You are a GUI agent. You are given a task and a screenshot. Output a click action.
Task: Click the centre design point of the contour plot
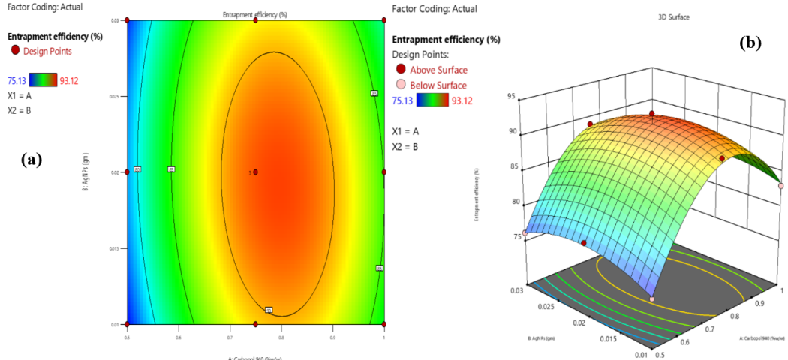[x=255, y=172]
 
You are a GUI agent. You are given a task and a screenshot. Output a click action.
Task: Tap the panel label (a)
[x=31, y=159]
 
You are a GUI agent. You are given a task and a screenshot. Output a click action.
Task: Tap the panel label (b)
[x=750, y=43]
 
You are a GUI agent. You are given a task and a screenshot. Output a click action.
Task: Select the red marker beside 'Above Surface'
[x=405, y=70]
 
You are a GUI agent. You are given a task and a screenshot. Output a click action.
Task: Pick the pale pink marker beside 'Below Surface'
[x=405, y=85]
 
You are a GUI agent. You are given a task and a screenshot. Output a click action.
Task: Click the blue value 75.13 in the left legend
[x=17, y=80]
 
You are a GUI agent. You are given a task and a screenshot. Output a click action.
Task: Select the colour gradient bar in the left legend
[x=42, y=80]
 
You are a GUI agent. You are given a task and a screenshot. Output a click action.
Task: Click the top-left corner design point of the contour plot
[x=127, y=21]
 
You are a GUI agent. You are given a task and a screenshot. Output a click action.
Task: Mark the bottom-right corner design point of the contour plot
[x=384, y=324]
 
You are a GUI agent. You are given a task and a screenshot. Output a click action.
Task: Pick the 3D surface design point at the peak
[x=652, y=114]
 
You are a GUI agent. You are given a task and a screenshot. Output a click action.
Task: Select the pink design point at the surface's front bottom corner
[x=651, y=299]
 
